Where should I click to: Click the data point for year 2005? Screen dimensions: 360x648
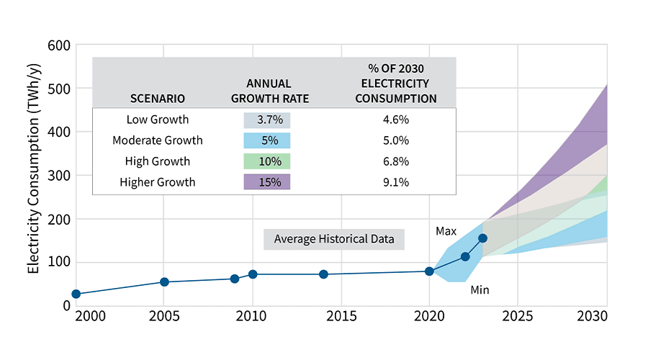click(x=164, y=282)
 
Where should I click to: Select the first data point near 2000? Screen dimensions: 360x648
click(x=76, y=294)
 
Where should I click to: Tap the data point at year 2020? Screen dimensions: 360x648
click(x=429, y=271)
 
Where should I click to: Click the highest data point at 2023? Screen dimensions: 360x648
click(x=482, y=238)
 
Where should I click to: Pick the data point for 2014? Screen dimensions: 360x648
click(x=323, y=274)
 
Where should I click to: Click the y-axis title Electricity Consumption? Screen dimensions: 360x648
click(x=33, y=174)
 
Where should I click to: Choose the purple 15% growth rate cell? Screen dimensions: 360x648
click(x=266, y=182)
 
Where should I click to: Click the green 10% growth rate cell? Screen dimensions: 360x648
click(x=266, y=161)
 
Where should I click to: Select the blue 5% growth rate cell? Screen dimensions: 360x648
click(x=266, y=140)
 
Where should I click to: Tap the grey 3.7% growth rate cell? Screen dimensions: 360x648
click(x=266, y=120)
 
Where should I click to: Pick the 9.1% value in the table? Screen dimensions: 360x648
click(x=395, y=182)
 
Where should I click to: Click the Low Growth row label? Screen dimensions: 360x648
click(x=158, y=120)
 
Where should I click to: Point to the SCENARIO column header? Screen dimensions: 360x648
click(x=158, y=99)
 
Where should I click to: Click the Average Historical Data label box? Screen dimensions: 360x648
click(x=333, y=239)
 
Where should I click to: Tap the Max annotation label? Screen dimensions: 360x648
click(x=446, y=231)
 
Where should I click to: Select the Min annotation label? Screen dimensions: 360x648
click(x=480, y=290)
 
